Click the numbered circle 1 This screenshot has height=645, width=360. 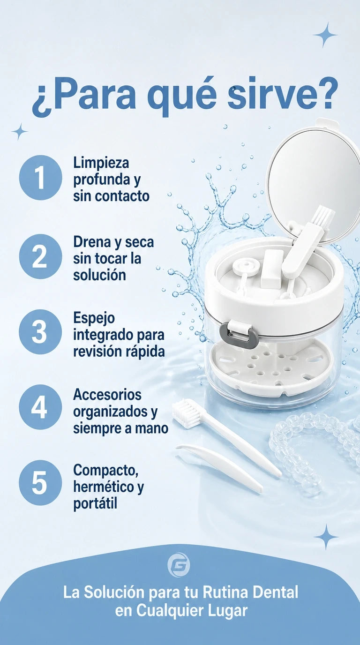click(x=41, y=177)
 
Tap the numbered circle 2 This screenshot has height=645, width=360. click(x=41, y=256)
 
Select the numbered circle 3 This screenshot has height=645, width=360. click(x=41, y=332)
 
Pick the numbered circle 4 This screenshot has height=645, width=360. click(x=41, y=407)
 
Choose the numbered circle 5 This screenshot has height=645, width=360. click(x=41, y=482)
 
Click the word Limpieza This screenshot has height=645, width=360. click(x=101, y=163)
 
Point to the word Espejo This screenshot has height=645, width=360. click(x=94, y=319)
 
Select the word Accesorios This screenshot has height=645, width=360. click(x=107, y=394)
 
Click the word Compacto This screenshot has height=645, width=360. click(x=105, y=471)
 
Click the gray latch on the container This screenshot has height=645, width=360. click(x=236, y=334)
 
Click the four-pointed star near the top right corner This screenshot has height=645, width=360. click(x=325, y=35)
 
